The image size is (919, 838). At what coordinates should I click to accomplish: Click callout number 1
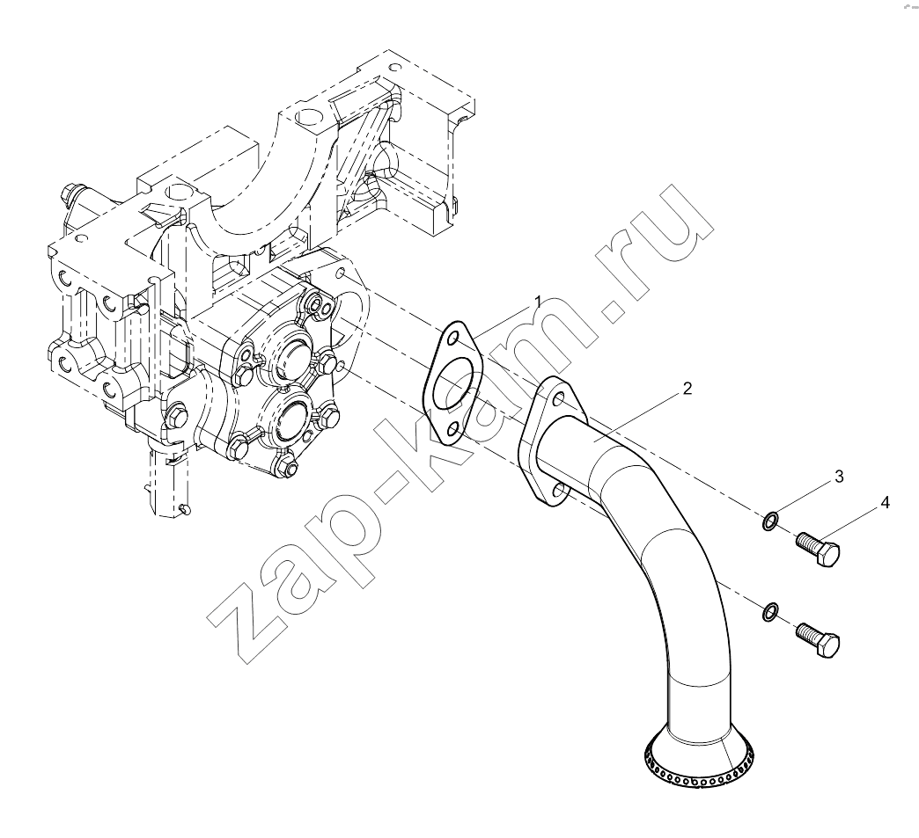coord(538,302)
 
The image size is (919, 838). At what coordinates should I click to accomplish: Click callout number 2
coord(687,389)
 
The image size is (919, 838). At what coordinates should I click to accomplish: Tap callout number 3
coord(839,477)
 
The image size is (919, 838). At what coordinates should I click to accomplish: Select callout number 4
coord(885,502)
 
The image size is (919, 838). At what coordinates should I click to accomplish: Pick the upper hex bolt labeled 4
coord(818,550)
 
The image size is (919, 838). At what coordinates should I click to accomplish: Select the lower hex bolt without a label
coord(818,641)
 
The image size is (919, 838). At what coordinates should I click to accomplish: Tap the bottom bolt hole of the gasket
coord(452,430)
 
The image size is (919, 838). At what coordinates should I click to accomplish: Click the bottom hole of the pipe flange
coord(559,490)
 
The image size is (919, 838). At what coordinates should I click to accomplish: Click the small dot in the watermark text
coord(615,312)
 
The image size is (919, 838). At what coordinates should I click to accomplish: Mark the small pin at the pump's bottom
coord(185,510)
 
